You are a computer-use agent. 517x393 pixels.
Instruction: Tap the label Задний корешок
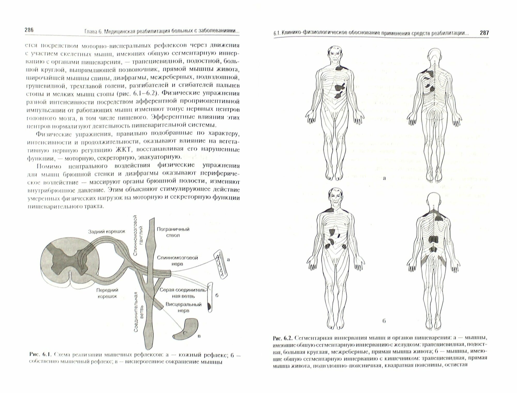(107, 232)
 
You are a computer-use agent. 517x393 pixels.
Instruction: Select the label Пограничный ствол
(173, 232)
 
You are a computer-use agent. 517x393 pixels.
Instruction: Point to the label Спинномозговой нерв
(178, 261)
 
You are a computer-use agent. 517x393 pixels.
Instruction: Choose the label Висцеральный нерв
(184, 307)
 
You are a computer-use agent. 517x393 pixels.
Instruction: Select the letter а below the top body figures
(384, 178)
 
